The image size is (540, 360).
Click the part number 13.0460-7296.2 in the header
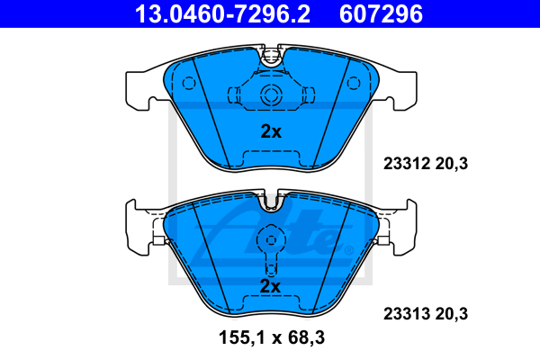(x=222, y=14)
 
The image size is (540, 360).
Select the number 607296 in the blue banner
(x=381, y=14)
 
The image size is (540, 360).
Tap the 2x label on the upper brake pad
(x=271, y=131)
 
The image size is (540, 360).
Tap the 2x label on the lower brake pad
(x=270, y=286)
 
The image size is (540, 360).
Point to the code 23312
(x=407, y=164)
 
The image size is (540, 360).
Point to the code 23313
(x=407, y=314)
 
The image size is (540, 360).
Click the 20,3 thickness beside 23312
(x=452, y=164)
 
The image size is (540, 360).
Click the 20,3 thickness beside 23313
(x=452, y=314)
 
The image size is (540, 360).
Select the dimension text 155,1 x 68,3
(x=272, y=337)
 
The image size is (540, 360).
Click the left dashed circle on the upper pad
(x=189, y=84)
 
